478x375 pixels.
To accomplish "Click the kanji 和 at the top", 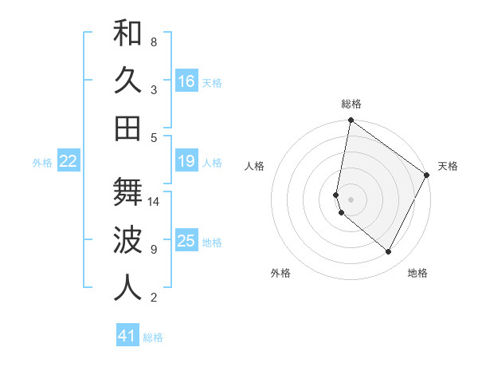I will click(x=127, y=34).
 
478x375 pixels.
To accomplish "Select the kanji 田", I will click(x=127, y=128).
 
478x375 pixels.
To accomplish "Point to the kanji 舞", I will click(x=127, y=192).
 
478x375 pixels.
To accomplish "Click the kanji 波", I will click(x=127, y=240).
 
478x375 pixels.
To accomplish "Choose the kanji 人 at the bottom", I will click(x=127, y=287).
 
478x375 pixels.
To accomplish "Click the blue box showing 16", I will click(x=186, y=81).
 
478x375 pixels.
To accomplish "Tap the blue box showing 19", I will click(x=186, y=161).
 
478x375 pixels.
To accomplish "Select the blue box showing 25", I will click(x=186, y=240).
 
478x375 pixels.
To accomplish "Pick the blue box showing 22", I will click(x=69, y=161).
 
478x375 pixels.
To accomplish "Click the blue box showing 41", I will click(x=127, y=336).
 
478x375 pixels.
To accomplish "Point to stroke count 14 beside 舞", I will click(x=155, y=202).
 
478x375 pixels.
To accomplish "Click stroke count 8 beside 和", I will click(x=154, y=41).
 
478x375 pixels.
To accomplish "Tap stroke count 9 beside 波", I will click(x=154, y=250).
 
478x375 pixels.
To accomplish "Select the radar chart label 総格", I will click(x=351, y=104).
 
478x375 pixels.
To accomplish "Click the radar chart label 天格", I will click(x=448, y=166).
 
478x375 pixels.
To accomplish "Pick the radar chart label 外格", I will click(x=280, y=273).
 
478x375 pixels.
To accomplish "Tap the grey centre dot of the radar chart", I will click(x=351, y=199).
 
